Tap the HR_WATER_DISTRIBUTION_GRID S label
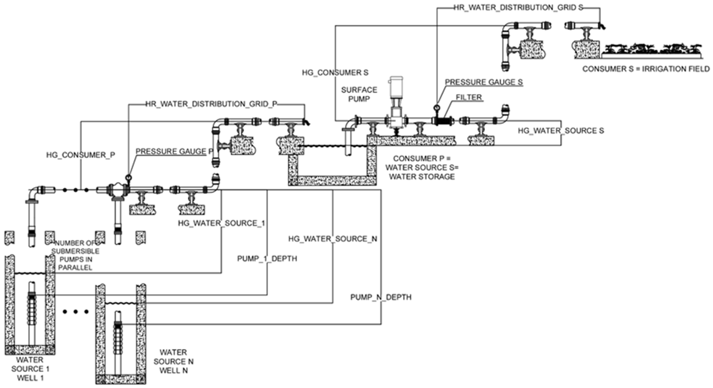518,8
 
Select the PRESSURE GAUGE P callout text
174,152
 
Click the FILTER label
469,98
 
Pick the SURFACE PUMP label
359,94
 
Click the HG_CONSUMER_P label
81,155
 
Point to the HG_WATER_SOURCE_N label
333,239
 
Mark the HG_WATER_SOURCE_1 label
222,223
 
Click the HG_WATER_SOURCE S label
561,131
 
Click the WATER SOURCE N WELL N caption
174,361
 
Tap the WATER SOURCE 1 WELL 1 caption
30,369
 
